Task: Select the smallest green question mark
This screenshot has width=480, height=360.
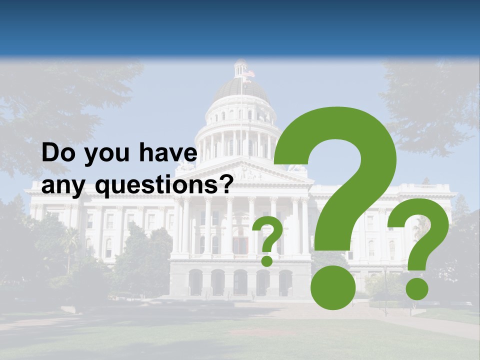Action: coord(266,237)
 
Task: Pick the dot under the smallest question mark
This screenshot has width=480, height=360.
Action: coord(266,260)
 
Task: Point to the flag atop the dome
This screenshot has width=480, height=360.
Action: coord(248,73)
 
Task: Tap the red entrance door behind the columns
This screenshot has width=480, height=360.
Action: coord(240,245)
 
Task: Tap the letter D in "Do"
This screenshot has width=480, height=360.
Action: coord(50,153)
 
